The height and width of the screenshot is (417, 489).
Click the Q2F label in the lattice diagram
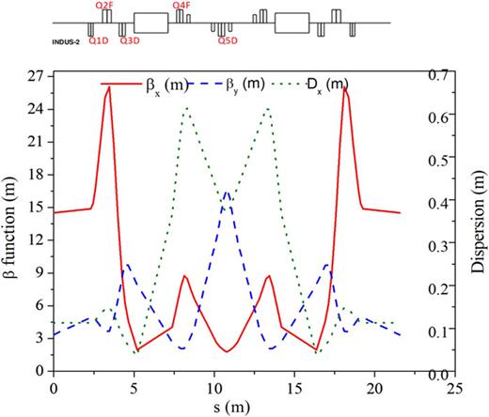point(104,6)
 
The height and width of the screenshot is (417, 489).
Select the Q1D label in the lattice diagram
point(97,41)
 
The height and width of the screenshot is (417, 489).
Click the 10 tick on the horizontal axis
point(198,386)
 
